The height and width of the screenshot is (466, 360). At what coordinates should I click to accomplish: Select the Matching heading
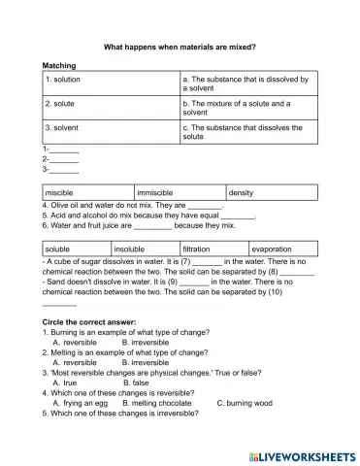click(61, 66)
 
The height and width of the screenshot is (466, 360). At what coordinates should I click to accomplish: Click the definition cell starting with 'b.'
click(248, 108)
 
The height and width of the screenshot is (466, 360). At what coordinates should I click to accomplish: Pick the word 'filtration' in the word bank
click(213, 249)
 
